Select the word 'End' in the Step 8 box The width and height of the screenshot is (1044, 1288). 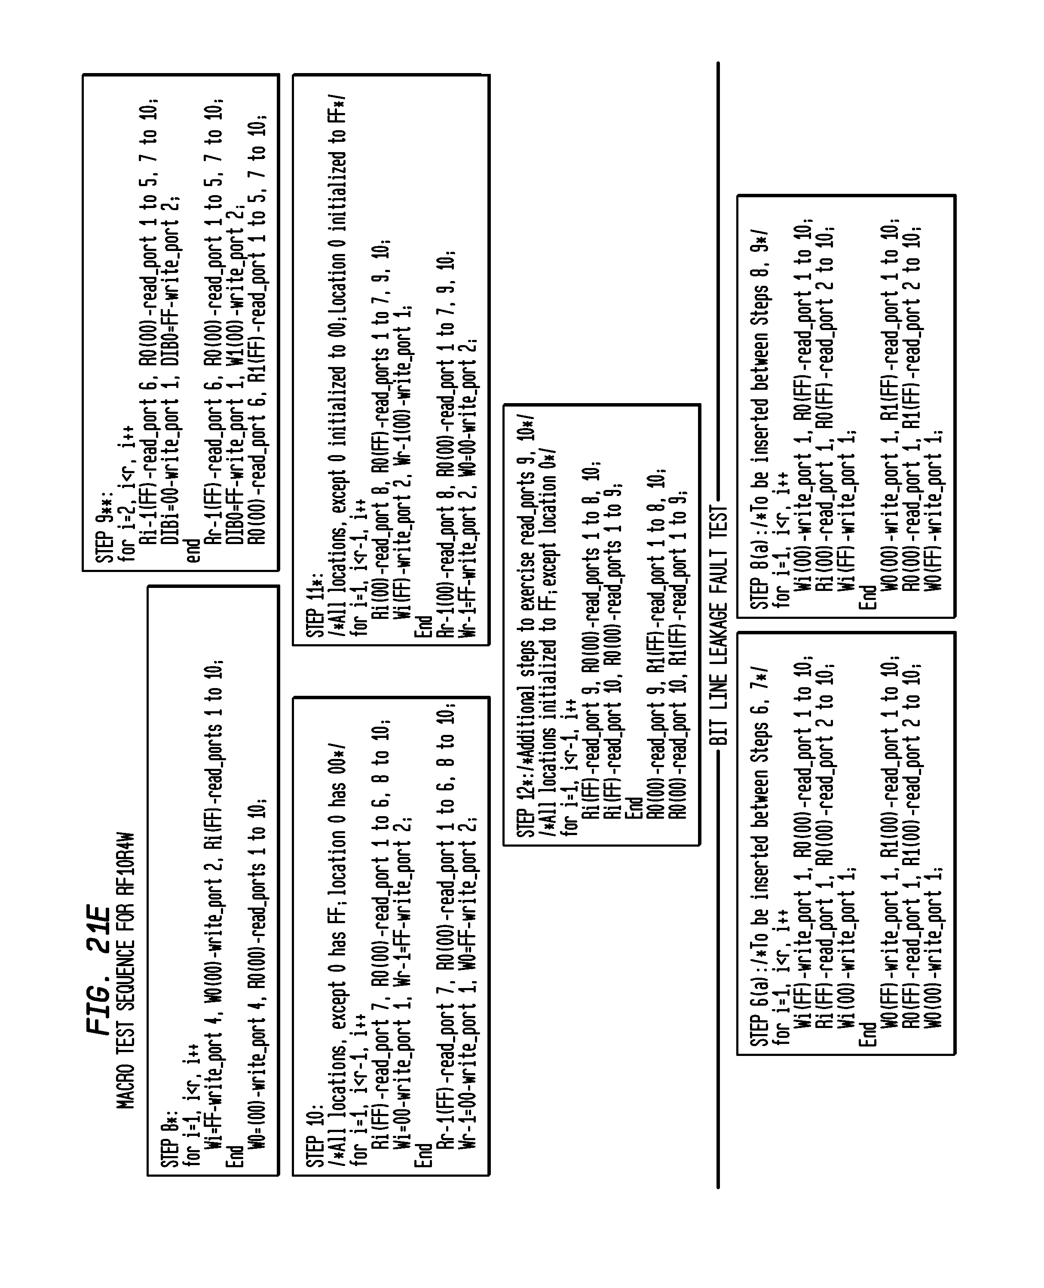tap(235, 1154)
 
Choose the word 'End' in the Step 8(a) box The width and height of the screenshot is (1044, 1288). tap(868, 597)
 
